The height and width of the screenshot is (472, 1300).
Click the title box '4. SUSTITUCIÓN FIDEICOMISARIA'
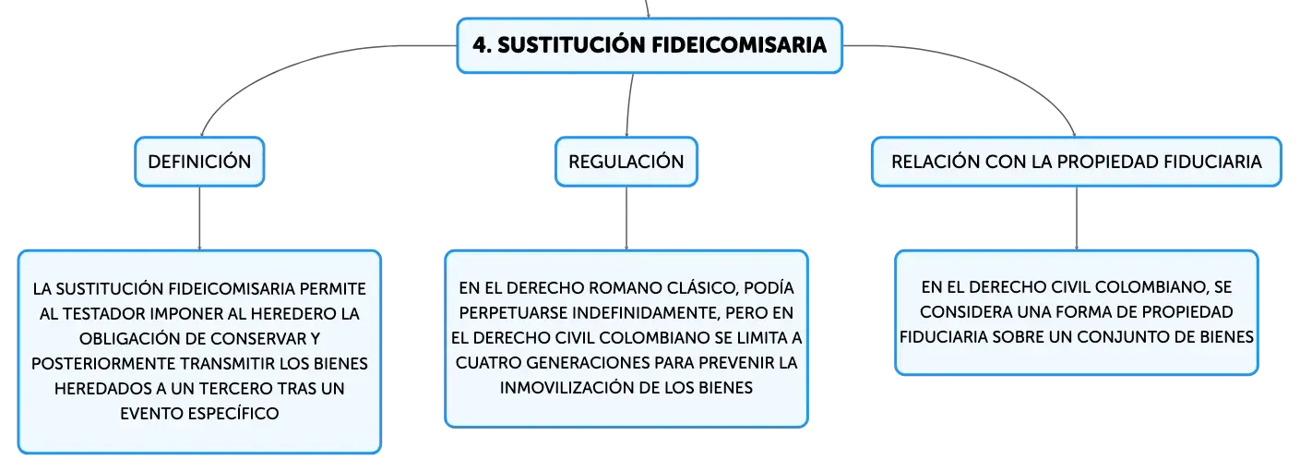[650, 45]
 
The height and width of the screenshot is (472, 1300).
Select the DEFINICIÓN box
[199, 162]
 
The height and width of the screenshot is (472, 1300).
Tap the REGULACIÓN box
[626, 162]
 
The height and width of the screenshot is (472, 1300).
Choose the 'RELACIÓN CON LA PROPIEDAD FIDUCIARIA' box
[1077, 162]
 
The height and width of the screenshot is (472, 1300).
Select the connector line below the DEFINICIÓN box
[199, 219]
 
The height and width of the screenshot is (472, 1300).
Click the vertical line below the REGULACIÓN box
[626, 219]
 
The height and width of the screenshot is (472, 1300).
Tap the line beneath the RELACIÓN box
[1077, 219]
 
